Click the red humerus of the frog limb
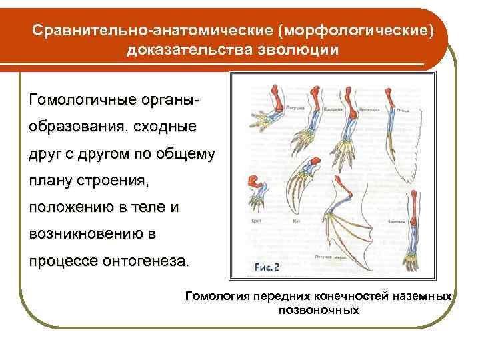click(275, 92)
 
